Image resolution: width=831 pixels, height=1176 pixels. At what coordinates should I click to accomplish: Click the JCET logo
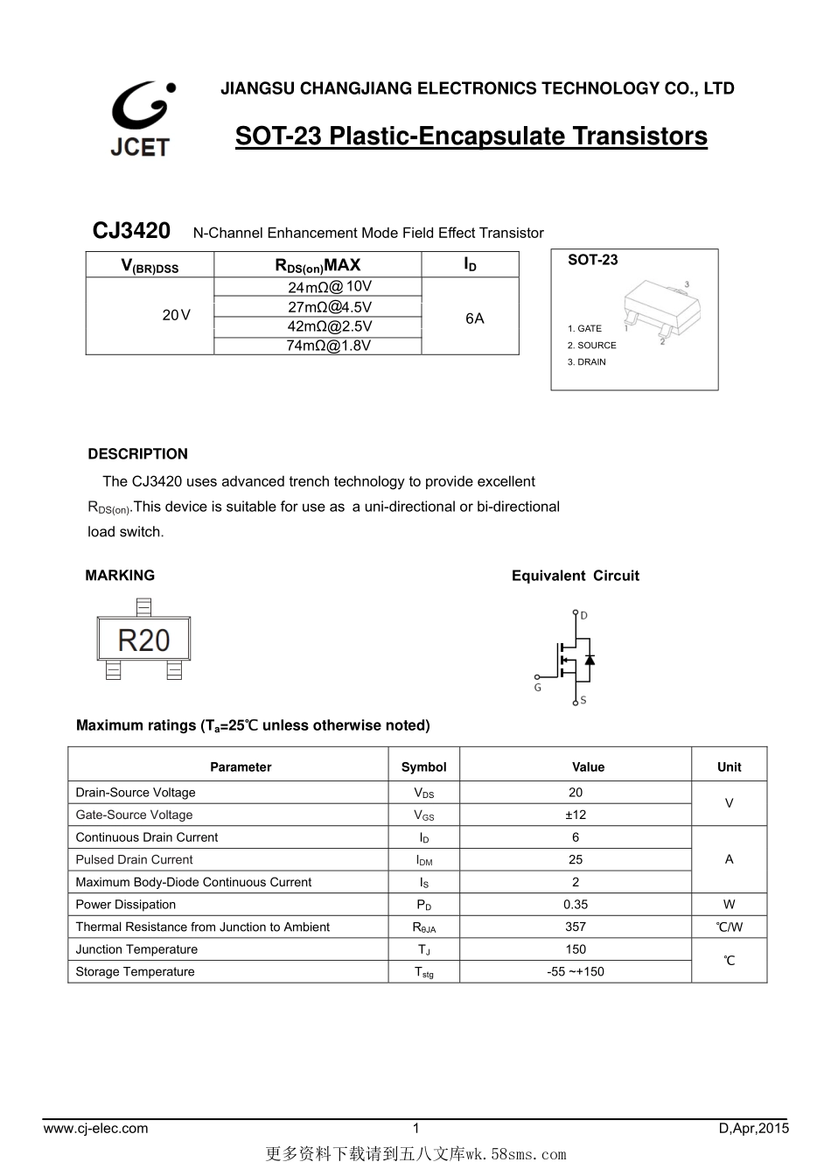[141, 120]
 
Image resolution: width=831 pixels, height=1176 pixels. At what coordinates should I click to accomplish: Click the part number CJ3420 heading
[131, 231]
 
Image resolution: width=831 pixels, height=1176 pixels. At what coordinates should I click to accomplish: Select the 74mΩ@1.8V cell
[329, 346]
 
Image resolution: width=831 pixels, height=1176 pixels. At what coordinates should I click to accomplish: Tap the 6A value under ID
[475, 318]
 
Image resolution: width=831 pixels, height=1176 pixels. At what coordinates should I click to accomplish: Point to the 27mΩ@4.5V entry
[329, 307]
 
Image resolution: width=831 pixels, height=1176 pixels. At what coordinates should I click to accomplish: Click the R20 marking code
[143, 640]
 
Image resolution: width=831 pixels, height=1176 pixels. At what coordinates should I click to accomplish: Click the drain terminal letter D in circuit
[584, 616]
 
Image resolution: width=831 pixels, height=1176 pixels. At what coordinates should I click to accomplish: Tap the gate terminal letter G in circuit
[538, 688]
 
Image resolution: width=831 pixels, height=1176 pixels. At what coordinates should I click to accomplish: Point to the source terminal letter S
[583, 700]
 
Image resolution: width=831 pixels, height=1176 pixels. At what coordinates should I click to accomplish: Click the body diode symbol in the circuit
[590, 659]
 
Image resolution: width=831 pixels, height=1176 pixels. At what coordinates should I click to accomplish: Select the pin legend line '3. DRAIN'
[586, 362]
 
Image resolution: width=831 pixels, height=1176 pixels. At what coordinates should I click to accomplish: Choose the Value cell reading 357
[576, 927]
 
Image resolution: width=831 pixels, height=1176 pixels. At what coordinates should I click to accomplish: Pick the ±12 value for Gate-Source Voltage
[576, 815]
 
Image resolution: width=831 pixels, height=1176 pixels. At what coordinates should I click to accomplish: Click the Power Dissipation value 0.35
[576, 905]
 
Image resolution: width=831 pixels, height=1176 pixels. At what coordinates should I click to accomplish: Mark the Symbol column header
[423, 767]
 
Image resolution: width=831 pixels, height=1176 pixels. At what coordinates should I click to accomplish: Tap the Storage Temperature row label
[136, 972]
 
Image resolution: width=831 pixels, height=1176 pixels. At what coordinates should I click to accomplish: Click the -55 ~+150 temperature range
[576, 971]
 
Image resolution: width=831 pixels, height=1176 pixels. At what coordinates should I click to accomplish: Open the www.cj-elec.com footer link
[96, 1129]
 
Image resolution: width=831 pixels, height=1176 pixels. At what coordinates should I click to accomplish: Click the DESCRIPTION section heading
[137, 454]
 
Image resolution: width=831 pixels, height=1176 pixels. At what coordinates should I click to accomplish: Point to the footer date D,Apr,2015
[753, 1129]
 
